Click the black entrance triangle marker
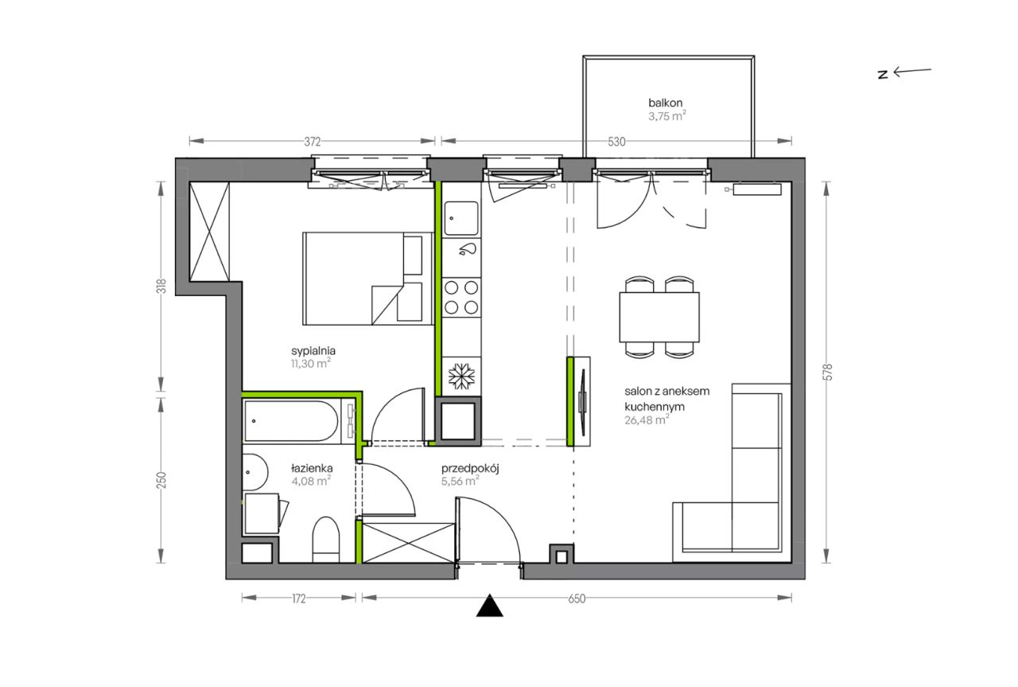pos(489,606)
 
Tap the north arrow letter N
pos(883,75)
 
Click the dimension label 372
pos(313,142)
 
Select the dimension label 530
pos(616,142)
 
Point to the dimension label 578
pos(828,373)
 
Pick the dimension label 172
pos(298,599)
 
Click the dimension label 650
pos(577,599)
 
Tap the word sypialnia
pos(313,351)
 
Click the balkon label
pos(666,103)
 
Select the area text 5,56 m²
pos(460,481)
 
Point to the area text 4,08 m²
pos(311,481)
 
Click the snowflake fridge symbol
pos(461,377)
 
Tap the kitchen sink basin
pos(461,219)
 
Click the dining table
pos(659,317)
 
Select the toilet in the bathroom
pos(326,540)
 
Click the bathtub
pos(291,421)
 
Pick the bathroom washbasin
pos(254,472)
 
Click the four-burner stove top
pos(461,298)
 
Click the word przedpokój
pos(470,469)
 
